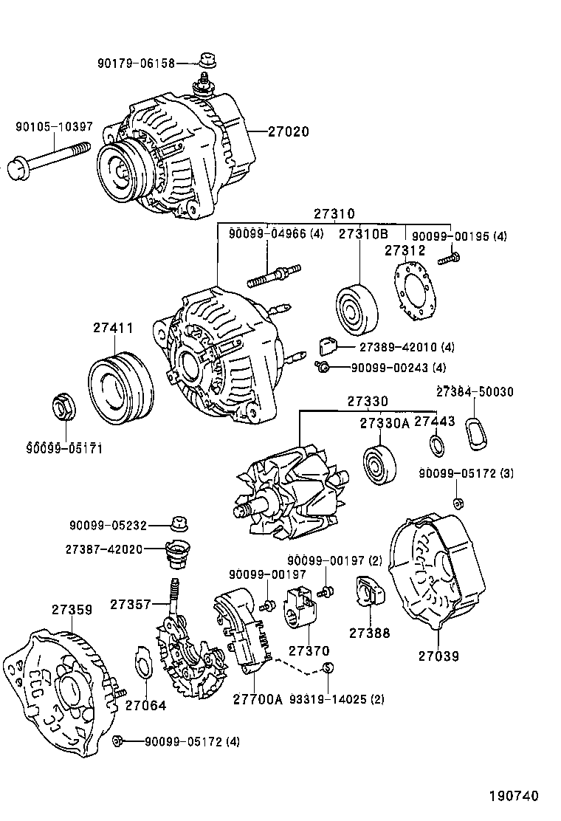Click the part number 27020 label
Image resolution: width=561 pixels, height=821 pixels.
pyautogui.click(x=288, y=132)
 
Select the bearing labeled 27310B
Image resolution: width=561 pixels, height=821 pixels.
pyautogui.click(x=357, y=307)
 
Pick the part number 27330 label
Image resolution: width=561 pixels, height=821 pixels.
pyautogui.click(x=368, y=401)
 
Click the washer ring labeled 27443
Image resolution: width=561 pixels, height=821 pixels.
pyautogui.click(x=438, y=445)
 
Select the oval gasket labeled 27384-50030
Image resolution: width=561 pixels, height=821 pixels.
pyautogui.click(x=476, y=433)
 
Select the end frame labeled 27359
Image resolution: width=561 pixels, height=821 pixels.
pyautogui.click(x=59, y=683)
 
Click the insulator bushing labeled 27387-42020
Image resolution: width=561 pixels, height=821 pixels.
pyautogui.click(x=178, y=556)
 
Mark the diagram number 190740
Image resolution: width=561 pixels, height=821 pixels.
pyautogui.click(x=512, y=796)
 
